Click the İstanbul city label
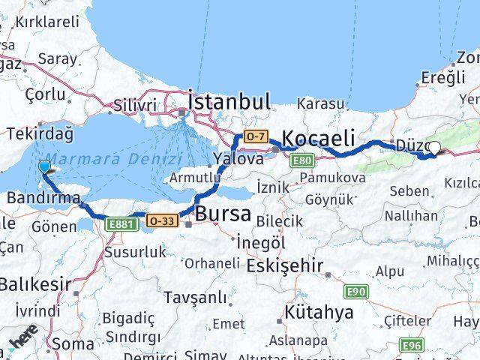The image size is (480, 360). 229,101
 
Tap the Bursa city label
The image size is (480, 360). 223,214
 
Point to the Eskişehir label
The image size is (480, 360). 289,265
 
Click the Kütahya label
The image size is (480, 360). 319,313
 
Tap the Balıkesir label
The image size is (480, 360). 34,284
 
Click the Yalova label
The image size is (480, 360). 238,159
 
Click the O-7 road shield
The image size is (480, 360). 255,136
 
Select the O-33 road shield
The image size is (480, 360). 162,220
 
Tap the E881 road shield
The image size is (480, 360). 121,223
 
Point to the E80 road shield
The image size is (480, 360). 303,160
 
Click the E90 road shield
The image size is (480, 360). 356,290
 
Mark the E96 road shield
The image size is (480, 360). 411,344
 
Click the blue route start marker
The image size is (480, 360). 45,167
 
